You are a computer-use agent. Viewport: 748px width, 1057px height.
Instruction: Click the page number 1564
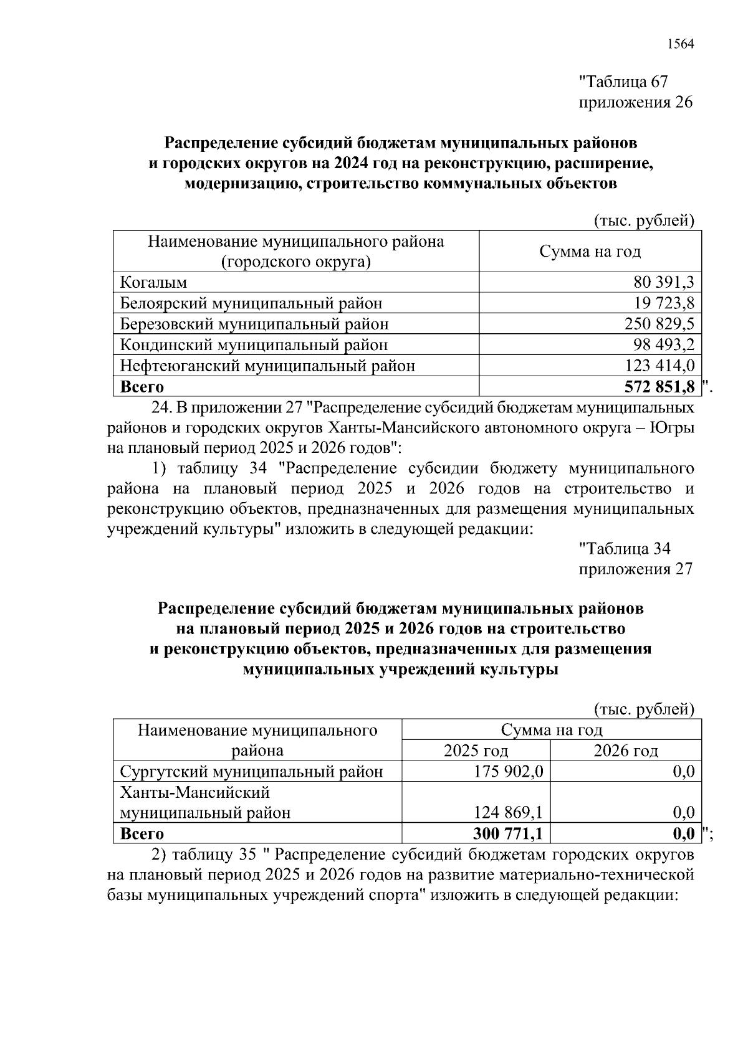(x=680, y=44)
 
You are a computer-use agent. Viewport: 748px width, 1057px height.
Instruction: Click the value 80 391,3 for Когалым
(x=664, y=282)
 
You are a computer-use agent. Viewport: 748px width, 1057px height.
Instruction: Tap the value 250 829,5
(x=659, y=324)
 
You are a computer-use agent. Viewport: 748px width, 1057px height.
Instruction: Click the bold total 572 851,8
(x=659, y=387)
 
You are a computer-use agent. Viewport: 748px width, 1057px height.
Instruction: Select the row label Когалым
(x=153, y=282)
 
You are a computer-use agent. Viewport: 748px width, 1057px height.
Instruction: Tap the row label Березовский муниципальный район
(x=254, y=324)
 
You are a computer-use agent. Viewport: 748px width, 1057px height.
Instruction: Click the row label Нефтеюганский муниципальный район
(x=267, y=366)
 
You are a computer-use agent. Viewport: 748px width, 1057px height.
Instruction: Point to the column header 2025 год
(x=476, y=751)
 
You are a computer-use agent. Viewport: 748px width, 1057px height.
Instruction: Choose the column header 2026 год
(x=626, y=751)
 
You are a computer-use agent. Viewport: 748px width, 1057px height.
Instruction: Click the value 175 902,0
(x=509, y=772)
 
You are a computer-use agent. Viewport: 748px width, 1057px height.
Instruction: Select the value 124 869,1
(x=509, y=812)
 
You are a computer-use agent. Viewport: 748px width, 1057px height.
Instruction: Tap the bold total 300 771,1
(x=509, y=833)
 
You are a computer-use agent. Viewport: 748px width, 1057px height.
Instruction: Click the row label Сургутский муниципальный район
(x=251, y=772)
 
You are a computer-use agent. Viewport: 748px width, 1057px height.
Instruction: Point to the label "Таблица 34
(x=625, y=549)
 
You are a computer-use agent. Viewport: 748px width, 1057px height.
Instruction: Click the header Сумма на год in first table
(x=590, y=251)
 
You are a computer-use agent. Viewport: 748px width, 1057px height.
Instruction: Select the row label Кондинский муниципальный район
(x=254, y=344)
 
